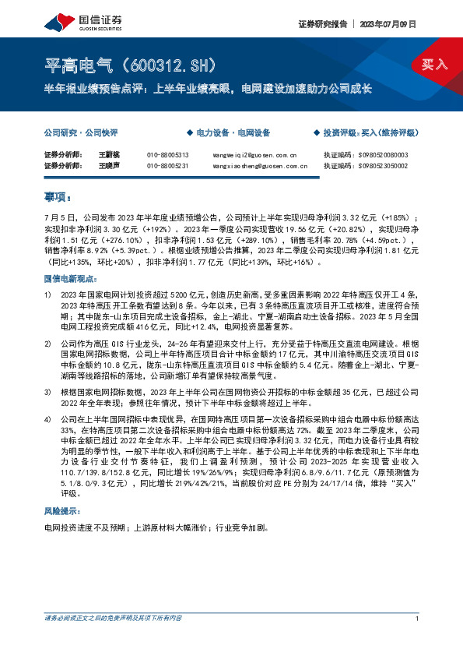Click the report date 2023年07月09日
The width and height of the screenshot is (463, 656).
[x=391, y=23]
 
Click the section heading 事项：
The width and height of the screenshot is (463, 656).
[x=58, y=197]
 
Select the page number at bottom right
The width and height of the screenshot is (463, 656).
[x=418, y=640]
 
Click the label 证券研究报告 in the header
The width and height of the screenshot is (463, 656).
[x=320, y=23]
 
